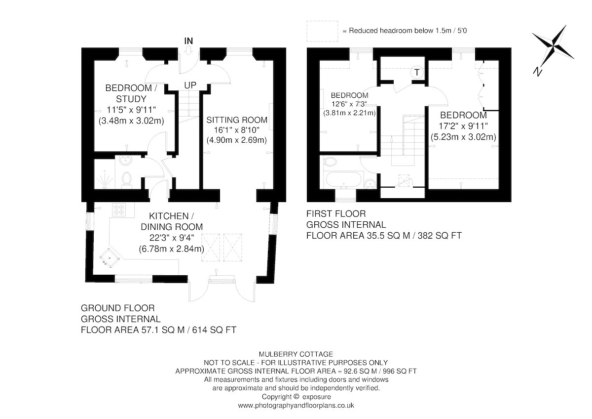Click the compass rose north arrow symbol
[553, 49]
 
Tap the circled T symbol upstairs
[417, 72]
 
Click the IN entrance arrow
[188, 50]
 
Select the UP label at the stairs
[190, 85]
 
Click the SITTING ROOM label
[237, 120]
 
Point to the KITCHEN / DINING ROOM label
[172, 221]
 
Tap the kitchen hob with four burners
[119, 209]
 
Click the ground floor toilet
[127, 179]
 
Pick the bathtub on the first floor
[343, 179]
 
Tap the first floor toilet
[329, 162]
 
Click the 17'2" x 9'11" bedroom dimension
[463, 126]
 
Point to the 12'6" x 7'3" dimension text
[349, 104]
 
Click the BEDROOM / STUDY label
[131, 93]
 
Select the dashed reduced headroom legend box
[323, 31]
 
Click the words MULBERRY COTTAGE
[296, 354]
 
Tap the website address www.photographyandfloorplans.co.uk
[296, 406]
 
